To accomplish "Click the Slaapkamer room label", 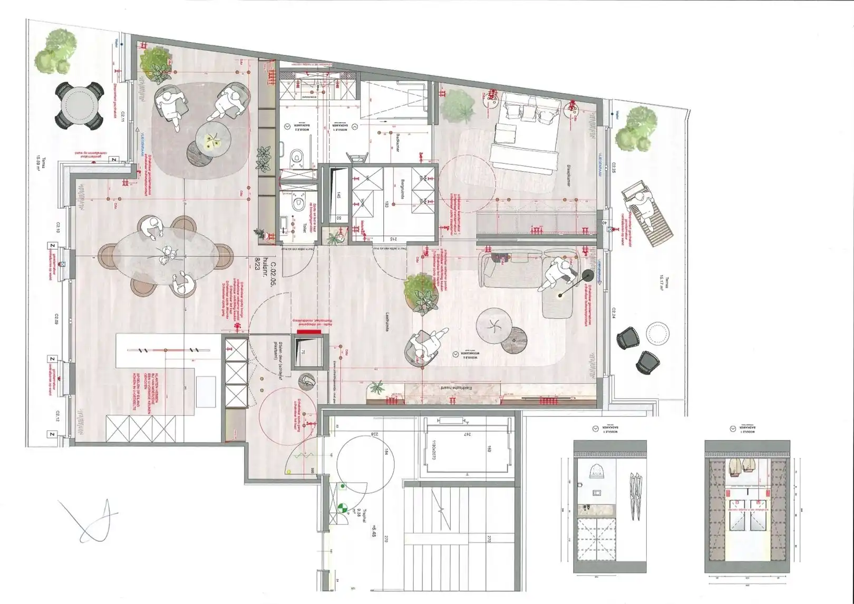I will coord(568,175).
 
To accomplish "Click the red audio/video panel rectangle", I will coord(306,332).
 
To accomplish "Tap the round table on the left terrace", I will coord(79,106).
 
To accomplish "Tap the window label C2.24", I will coord(614,313).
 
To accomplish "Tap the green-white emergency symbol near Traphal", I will coord(343,508).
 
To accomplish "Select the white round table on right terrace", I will coord(657,333).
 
